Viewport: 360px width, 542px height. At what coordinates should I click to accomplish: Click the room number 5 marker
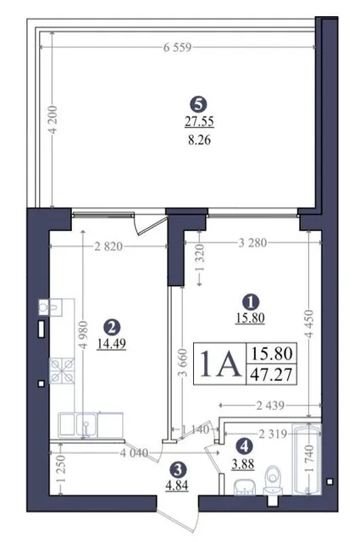(x=198, y=104)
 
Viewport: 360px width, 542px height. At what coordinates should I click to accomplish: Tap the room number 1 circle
(x=251, y=301)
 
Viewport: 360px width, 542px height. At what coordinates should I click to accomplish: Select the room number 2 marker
(x=111, y=327)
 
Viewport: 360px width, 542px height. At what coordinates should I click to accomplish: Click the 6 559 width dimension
(x=177, y=47)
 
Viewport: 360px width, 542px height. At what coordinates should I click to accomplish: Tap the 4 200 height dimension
(x=53, y=119)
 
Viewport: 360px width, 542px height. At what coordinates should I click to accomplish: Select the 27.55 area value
(x=199, y=122)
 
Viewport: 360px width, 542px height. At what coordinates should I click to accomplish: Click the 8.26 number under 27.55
(x=199, y=141)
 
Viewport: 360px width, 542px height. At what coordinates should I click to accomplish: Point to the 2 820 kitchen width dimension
(x=108, y=246)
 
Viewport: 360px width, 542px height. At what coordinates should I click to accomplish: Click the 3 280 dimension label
(x=252, y=243)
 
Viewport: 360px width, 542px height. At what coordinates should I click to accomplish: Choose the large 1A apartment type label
(x=220, y=363)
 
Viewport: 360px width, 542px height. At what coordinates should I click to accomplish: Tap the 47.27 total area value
(x=271, y=374)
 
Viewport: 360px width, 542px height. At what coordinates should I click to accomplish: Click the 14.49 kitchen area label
(x=111, y=344)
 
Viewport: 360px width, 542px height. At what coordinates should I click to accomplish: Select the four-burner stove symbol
(x=62, y=371)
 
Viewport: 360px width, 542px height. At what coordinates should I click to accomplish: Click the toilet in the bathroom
(x=274, y=481)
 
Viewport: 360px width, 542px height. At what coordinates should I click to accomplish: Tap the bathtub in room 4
(x=307, y=459)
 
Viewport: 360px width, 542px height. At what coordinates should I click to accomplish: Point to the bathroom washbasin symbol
(x=245, y=488)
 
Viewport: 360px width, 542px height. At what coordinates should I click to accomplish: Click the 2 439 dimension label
(x=270, y=405)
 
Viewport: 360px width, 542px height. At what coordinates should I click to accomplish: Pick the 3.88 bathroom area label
(x=243, y=464)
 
